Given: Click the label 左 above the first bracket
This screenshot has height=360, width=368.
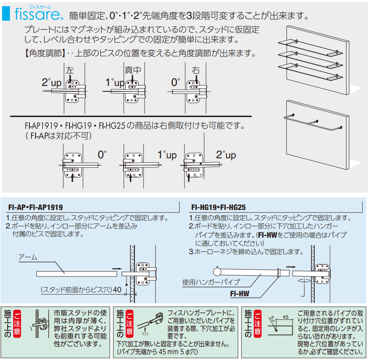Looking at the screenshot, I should coord(70,70).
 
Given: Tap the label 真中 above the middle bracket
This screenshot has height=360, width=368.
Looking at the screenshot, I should coord(133,70).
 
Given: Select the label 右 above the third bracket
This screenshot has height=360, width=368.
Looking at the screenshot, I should coord(196,70).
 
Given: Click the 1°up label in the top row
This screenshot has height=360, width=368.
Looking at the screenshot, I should coord(115,82).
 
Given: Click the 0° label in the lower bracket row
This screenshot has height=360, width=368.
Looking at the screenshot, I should coord(102,155).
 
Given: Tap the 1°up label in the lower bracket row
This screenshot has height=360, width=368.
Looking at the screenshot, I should coord(167,155).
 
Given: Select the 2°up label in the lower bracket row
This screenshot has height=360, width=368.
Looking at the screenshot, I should coord(226,155).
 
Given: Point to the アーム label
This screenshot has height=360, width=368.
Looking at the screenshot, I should coord(28,257).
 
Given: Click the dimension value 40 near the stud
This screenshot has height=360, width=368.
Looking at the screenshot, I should coord(117,290).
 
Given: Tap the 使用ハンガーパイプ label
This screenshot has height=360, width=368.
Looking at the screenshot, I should coord(211,283).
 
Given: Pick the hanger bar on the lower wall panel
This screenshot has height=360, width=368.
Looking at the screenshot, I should coord(314,122).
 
